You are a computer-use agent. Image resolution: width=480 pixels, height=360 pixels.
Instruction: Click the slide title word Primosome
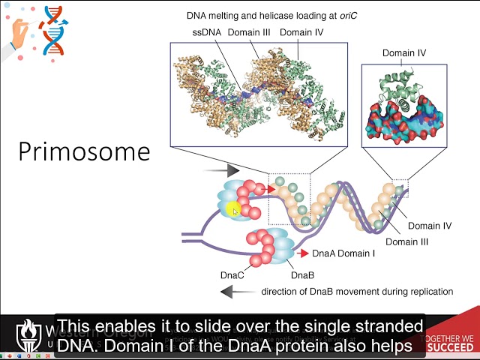(84, 151)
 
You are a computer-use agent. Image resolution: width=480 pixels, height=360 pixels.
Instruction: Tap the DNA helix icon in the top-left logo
(52, 31)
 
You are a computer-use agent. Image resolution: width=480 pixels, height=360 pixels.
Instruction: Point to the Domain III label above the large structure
(253, 33)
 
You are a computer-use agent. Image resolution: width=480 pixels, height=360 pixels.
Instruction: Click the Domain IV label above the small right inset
(404, 53)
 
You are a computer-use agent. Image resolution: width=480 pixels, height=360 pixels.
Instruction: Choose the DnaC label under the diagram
(232, 275)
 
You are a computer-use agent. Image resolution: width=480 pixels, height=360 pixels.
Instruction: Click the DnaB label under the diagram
(302, 275)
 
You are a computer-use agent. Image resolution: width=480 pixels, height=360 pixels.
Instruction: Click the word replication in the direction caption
(428, 292)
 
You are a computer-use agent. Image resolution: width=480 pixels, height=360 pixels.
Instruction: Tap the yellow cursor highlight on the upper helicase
(233, 211)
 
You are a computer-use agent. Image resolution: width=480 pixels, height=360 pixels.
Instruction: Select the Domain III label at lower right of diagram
(406, 241)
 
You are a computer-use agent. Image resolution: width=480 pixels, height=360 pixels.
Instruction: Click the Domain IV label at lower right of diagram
(429, 226)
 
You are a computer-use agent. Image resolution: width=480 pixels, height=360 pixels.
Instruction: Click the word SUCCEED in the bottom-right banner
(450, 347)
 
